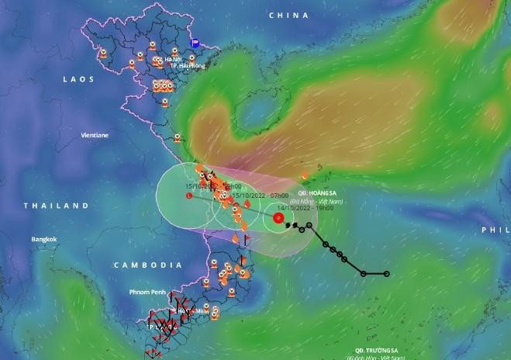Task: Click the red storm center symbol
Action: (278, 218)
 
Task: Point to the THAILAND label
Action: (57, 206)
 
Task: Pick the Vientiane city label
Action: (95, 135)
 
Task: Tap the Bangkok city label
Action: (44, 239)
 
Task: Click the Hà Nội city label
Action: (172, 58)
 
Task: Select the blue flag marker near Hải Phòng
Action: (195, 44)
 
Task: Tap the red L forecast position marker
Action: (189, 197)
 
